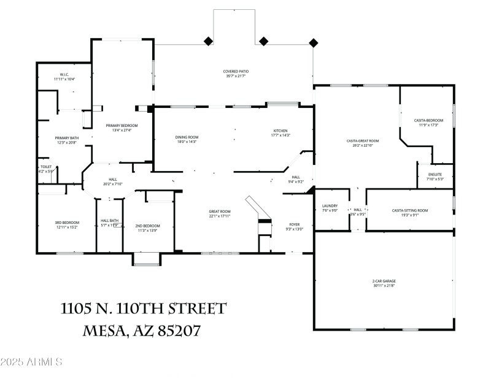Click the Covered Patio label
tap(236, 72)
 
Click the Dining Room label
tap(187, 138)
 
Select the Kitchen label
tap(280, 131)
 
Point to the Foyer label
tap(295, 224)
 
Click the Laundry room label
tap(330, 206)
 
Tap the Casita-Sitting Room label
tap(410, 210)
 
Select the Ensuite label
tap(435, 175)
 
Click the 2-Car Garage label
tap(384, 282)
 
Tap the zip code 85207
tap(175, 331)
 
